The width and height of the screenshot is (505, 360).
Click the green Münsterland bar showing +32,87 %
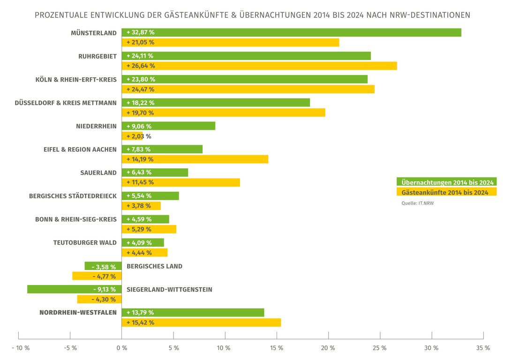tap(291, 32)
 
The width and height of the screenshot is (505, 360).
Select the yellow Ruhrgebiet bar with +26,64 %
tap(259, 66)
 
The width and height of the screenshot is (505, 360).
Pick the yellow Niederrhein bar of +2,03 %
tap(132, 136)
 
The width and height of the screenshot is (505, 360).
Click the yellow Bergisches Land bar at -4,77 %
tap(97, 276)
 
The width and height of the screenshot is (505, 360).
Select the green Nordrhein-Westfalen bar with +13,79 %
tap(193, 313)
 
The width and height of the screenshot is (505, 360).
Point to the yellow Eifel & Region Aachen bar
tap(195, 159)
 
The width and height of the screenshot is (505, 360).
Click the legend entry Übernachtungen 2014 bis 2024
tap(446, 182)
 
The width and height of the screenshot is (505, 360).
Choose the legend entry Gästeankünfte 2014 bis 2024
tap(446, 192)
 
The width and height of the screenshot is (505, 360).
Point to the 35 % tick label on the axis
tap(483, 348)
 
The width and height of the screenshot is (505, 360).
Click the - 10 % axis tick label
tap(20, 348)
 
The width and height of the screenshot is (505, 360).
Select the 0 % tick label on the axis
tap(121, 348)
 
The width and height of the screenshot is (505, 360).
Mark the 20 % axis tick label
tap(328, 348)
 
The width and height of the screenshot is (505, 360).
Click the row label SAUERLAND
tap(98, 172)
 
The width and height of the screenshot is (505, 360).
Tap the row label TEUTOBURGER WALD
tap(85, 243)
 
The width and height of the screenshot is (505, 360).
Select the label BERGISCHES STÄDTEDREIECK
tap(73, 196)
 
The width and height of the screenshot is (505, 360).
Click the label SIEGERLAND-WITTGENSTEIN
tap(169, 290)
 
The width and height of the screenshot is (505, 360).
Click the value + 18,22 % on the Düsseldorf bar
tap(140, 103)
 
